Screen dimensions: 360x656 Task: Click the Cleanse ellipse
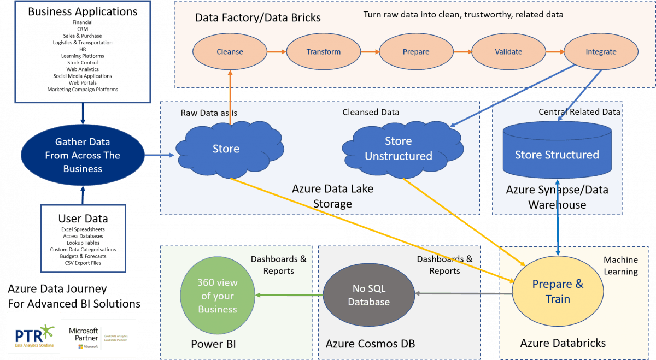[x=230, y=52]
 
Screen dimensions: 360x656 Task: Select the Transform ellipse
[x=323, y=52]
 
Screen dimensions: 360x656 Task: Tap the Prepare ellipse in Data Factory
[x=416, y=52]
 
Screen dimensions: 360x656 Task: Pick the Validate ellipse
[x=508, y=52]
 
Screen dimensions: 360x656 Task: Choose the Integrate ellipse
[x=600, y=52]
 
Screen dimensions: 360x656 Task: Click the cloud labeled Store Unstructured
[x=399, y=149]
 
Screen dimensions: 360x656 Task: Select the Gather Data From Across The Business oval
[x=83, y=155]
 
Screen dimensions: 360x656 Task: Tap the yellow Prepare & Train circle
[x=558, y=292]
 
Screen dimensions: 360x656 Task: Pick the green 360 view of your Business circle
[x=218, y=296]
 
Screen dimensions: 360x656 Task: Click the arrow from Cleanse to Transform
[x=277, y=52]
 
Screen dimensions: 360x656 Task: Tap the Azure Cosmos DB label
[x=370, y=344]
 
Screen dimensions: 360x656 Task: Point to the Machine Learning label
[x=620, y=266]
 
